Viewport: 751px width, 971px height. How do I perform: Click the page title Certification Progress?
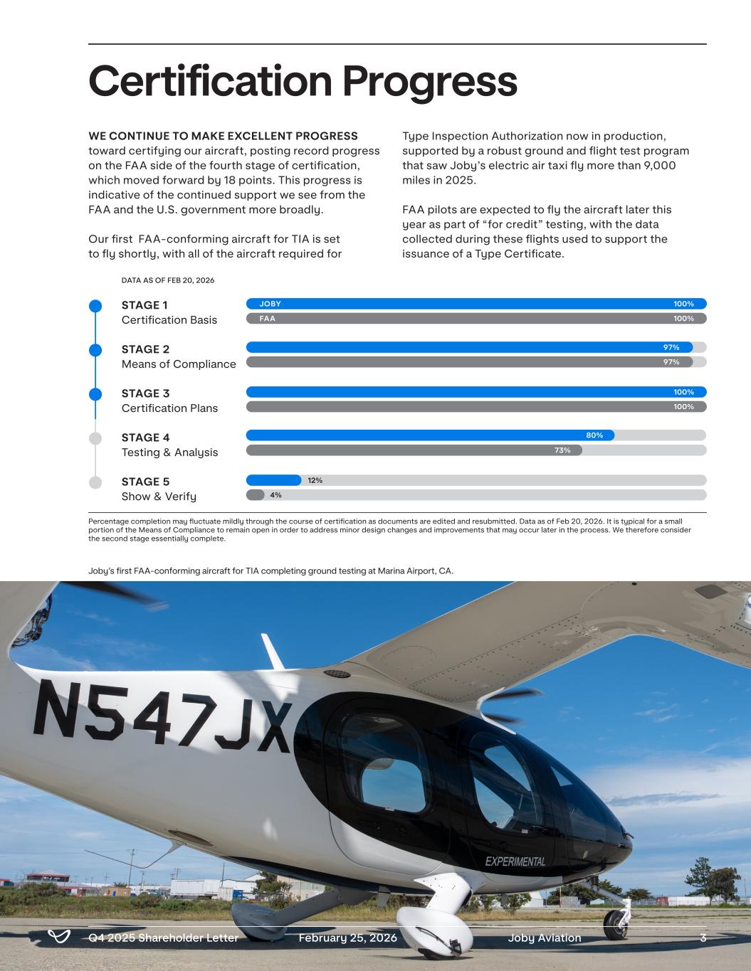pos(303,81)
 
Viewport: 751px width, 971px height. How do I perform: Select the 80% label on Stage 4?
pos(594,435)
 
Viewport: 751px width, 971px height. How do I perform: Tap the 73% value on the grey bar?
pos(562,450)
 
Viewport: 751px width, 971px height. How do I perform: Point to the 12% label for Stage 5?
pos(315,480)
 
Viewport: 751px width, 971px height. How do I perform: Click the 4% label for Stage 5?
pos(275,495)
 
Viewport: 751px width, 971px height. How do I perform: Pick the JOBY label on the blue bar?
pos(270,304)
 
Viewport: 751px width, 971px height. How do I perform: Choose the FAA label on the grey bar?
pos(267,319)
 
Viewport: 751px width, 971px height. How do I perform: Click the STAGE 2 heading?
pos(145,349)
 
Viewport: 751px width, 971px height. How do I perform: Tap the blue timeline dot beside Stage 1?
pos(95,306)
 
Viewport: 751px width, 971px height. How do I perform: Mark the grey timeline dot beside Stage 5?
pos(95,482)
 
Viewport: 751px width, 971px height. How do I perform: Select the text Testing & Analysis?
pos(169,452)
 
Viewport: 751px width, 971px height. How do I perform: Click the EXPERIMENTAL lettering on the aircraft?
pos(515,861)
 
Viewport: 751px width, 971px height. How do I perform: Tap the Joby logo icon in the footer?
pos(58,937)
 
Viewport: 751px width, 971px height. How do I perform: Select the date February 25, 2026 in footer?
pos(347,938)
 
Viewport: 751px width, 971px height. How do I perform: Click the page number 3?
pos(703,938)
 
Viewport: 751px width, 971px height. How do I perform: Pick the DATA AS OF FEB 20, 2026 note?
pos(168,280)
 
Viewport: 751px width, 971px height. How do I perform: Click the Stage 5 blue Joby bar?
pos(273,480)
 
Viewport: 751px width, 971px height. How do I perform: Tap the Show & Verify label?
pos(159,497)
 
